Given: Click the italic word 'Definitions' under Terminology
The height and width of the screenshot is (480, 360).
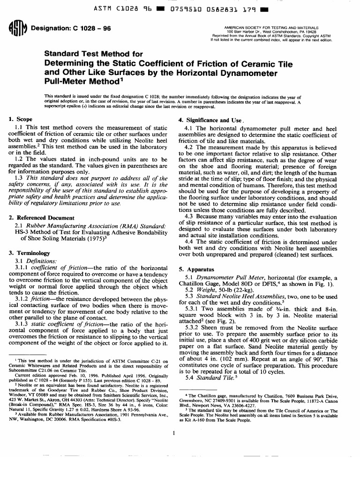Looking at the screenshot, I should pos(41,261).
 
